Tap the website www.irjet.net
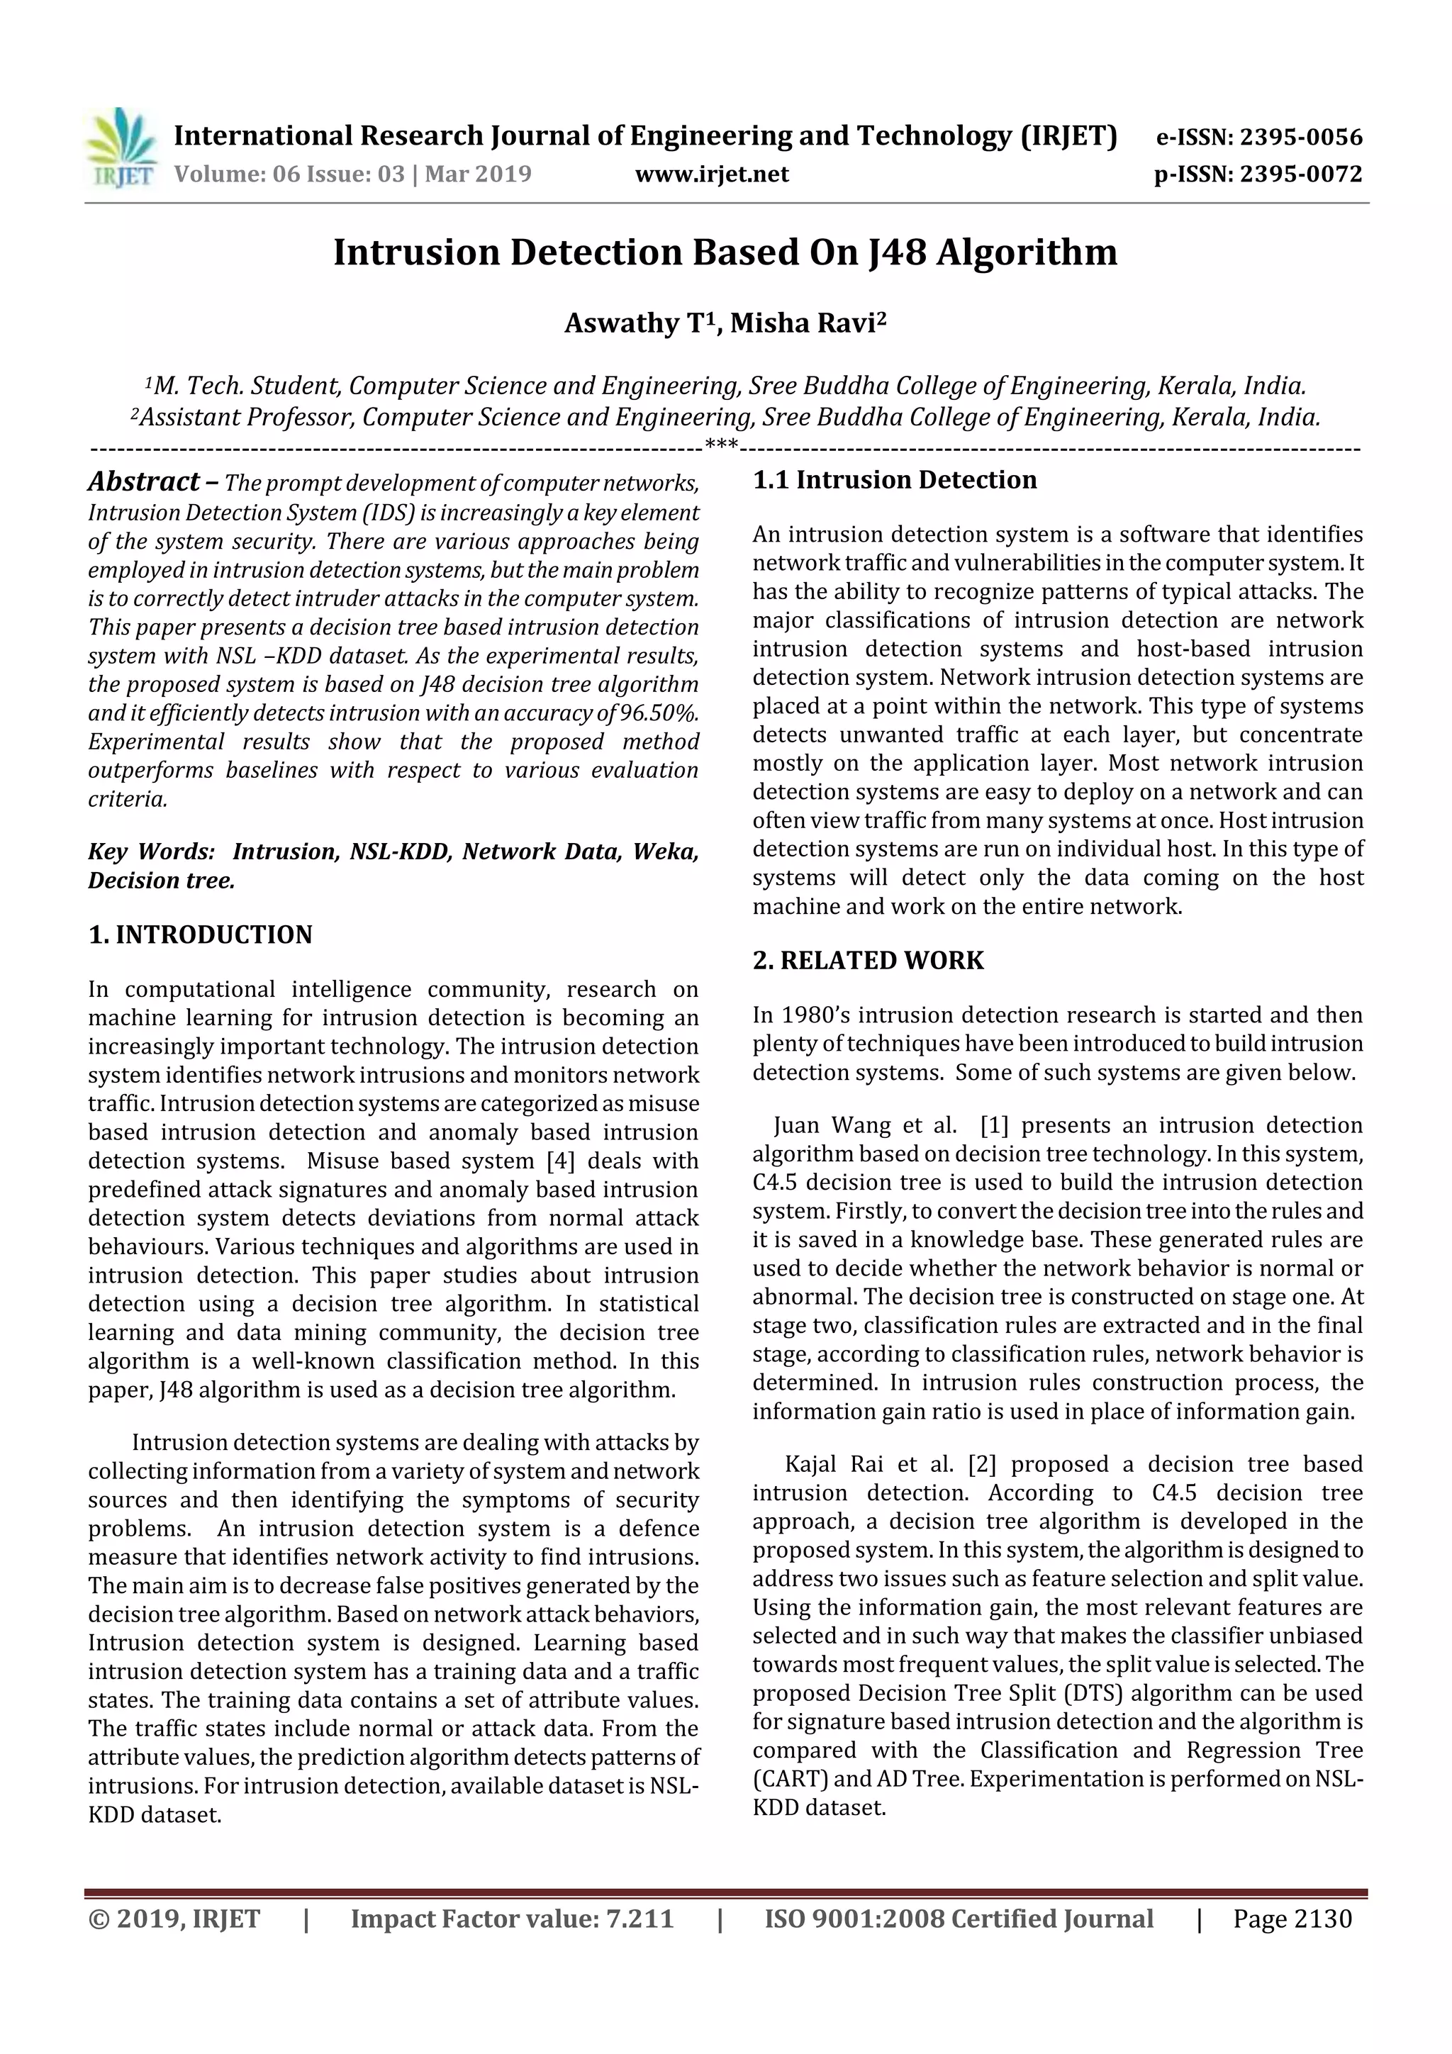711,174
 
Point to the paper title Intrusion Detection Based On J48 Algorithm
725,253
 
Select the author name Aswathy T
635,323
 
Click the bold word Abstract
143,482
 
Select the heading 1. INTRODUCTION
201,935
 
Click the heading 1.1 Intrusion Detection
894,481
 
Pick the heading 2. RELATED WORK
867,961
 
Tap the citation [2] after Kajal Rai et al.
981,1465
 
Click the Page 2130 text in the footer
1291,1919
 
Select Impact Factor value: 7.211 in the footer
511,1919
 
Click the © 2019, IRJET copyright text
174,1919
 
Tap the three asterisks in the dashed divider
721,445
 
